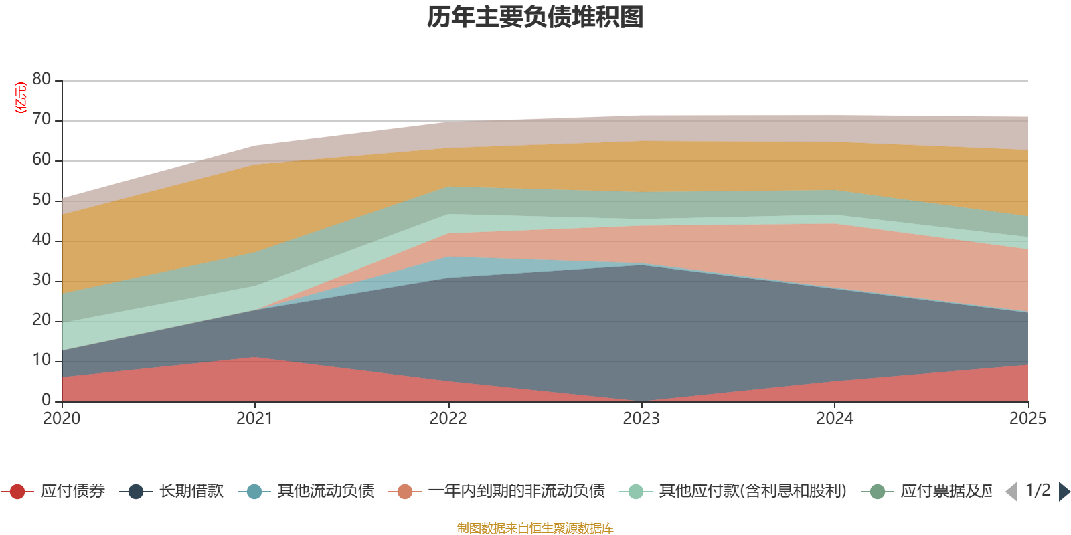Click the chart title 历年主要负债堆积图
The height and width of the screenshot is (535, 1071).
[x=535, y=17]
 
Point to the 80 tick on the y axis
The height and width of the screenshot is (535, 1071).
[x=42, y=80]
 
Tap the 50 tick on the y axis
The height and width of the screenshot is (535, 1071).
[x=42, y=200]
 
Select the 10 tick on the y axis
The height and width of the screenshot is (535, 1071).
[x=42, y=360]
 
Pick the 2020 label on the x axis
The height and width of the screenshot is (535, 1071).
[x=62, y=419]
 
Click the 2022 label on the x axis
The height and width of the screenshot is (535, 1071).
[x=448, y=419]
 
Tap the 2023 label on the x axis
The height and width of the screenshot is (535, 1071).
[x=641, y=419]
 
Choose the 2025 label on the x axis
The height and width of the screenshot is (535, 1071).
[x=1027, y=419]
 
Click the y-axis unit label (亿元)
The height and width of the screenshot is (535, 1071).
[x=21, y=98]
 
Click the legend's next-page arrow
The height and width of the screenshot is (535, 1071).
[x=1064, y=492]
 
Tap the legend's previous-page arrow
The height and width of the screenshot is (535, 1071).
[x=1011, y=492]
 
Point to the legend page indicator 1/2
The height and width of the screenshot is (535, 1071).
[x=1038, y=490]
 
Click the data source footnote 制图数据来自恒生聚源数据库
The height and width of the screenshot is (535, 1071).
[x=535, y=528]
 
